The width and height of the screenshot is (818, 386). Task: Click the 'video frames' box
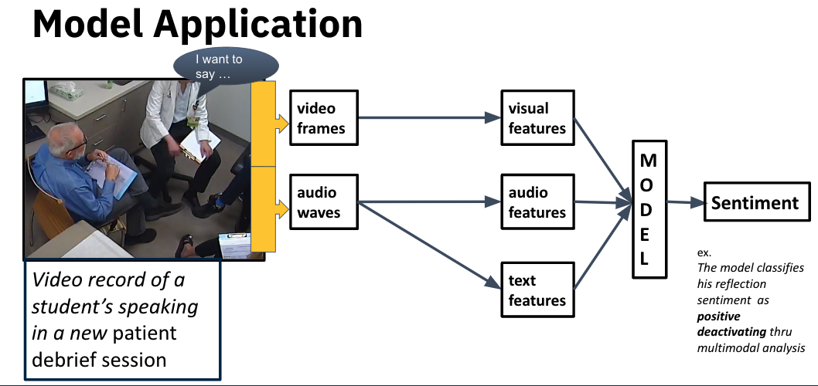tap(324, 117)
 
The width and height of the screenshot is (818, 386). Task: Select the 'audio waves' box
tap(324, 201)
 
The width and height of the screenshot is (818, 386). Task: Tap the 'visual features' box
tap(537, 117)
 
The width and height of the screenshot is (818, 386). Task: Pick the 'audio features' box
tap(537, 201)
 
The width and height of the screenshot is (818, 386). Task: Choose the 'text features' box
tap(537, 290)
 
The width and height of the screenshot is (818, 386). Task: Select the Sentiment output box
tap(755, 203)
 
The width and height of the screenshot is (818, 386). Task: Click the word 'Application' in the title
tap(258, 25)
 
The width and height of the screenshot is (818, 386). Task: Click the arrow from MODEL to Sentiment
tap(683, 203)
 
